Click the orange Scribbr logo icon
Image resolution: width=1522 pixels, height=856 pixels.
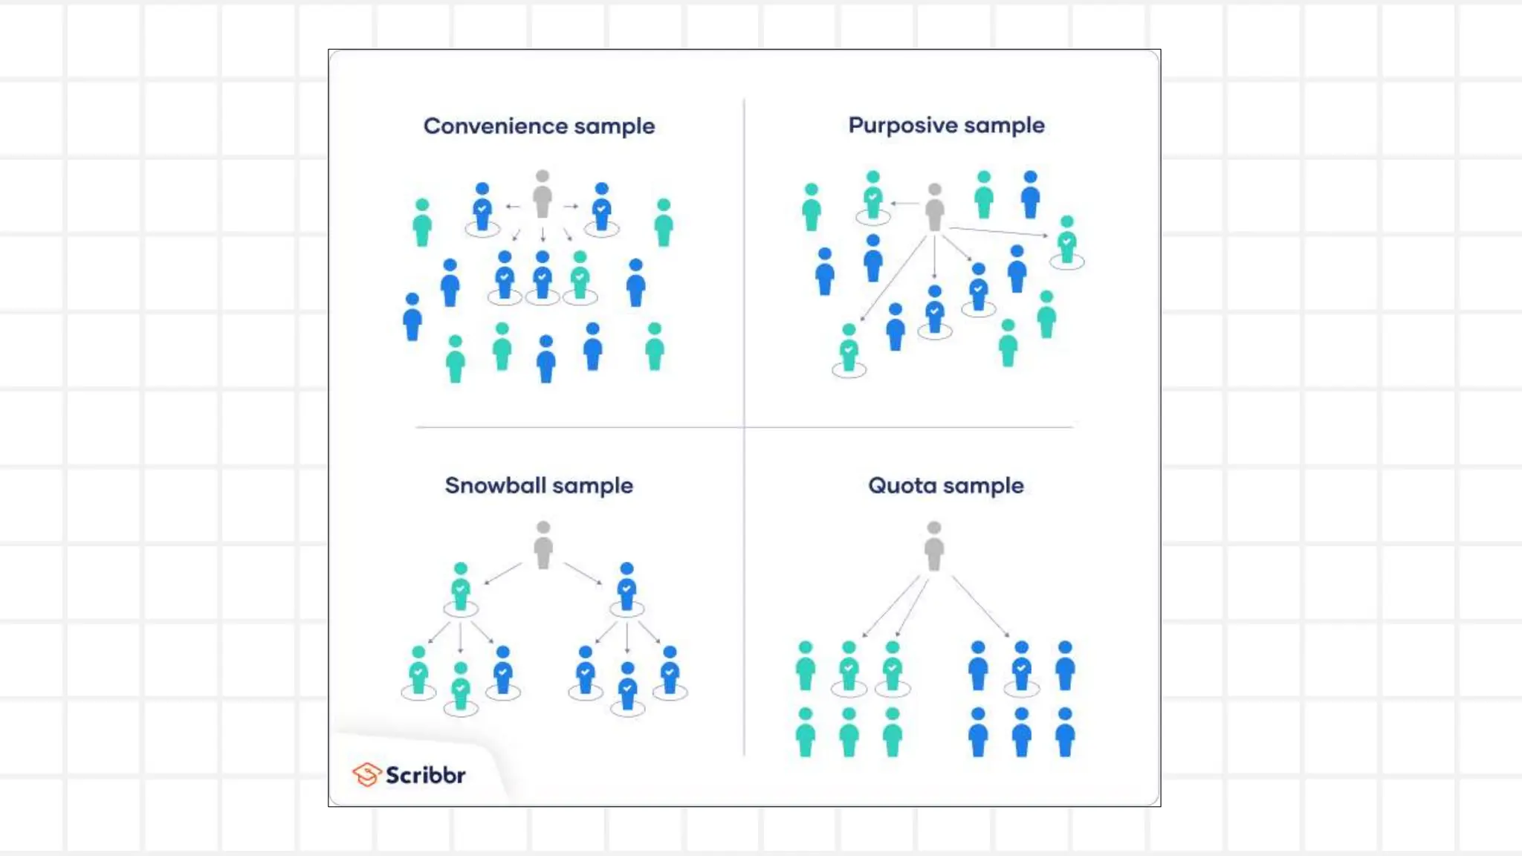366,774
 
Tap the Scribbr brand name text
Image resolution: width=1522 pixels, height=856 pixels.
425,775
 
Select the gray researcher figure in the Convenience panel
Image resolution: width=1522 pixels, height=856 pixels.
543,195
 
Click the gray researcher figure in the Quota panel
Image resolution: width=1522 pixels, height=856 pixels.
934,546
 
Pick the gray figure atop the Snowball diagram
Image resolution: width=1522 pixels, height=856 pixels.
543,545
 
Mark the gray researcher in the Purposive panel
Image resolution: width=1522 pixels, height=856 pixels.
935,207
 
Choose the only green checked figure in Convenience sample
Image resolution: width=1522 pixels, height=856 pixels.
580,276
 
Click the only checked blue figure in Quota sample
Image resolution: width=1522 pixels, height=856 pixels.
1022,666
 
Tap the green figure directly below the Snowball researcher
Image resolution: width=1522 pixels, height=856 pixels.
461,588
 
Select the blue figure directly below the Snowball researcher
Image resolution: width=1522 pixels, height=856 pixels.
627,587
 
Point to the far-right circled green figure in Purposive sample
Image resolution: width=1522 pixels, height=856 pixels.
1067,241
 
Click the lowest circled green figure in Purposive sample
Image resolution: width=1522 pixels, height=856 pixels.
849,348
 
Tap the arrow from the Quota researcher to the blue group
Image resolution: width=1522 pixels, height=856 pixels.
980,606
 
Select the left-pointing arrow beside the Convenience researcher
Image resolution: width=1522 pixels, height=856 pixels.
513,206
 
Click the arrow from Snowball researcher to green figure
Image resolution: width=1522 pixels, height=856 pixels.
503,573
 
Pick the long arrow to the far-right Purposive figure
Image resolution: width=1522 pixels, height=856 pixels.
999,231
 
